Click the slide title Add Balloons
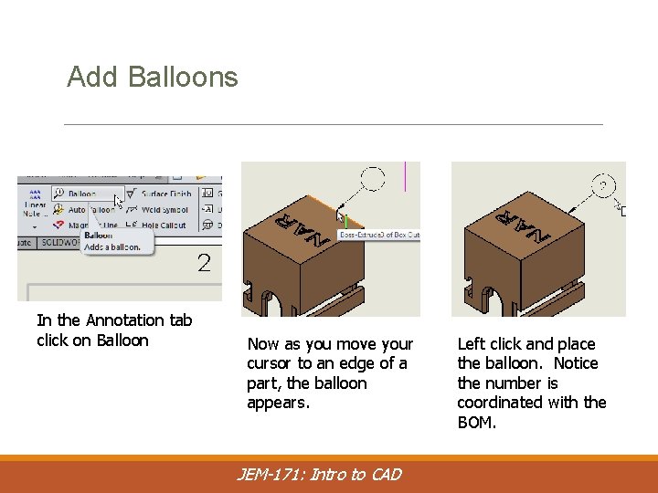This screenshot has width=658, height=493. coord(152,77)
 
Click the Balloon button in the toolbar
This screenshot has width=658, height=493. coord(80,194)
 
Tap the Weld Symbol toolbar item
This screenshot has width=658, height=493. coord(164,209)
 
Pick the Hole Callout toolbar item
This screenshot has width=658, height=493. coord(163,225)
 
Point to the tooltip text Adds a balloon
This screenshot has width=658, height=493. coord(111,246)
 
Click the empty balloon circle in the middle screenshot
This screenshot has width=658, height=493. coord(372,178)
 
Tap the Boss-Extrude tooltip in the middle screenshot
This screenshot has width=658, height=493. coord(378,235)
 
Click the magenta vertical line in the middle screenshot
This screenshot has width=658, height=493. coord(405,176)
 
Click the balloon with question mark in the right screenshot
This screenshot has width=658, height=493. coord(602,185)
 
